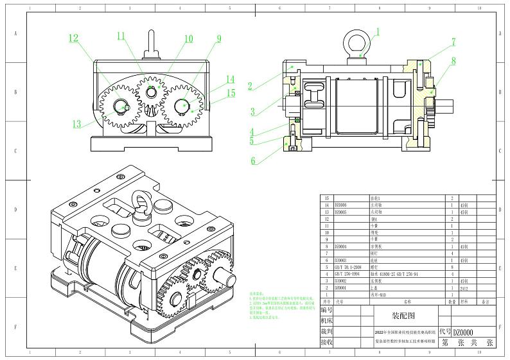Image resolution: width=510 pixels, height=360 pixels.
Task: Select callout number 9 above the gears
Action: click(219, 39)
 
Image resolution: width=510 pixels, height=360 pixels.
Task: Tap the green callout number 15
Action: click(231, 93)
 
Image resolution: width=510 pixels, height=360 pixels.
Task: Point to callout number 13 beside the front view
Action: click(77, 124)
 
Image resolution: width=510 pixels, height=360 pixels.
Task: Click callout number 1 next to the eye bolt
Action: click(378, 31)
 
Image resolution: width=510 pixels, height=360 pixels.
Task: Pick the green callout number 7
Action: click(453, 42)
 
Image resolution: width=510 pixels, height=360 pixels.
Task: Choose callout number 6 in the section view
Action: click(253, 160)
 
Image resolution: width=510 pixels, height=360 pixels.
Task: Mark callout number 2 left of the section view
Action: click(251, 85)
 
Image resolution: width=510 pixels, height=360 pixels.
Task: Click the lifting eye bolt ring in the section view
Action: click(357, 41)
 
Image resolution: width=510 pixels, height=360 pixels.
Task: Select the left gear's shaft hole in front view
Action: click(121, 105)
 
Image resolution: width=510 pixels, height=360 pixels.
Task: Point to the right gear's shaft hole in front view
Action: click(180, 103)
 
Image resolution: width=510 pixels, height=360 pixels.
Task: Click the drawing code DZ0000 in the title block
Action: click(463, 332)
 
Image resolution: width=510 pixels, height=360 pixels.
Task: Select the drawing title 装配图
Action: click(404, 316)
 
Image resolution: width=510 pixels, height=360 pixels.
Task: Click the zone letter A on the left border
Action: click(15, 33)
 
